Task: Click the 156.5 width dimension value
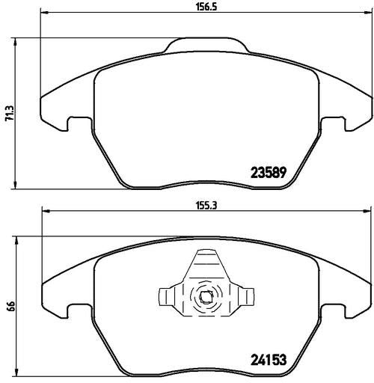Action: [x=206, y=7]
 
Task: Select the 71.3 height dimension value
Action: [x=10, y=114]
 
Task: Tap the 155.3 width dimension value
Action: [x=206, y=206]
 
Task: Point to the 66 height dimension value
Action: [x=12, y=305]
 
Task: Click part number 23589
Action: [x=269, y=173]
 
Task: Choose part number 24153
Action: [x=269, y=360]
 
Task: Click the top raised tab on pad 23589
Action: [x=206, y=45]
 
